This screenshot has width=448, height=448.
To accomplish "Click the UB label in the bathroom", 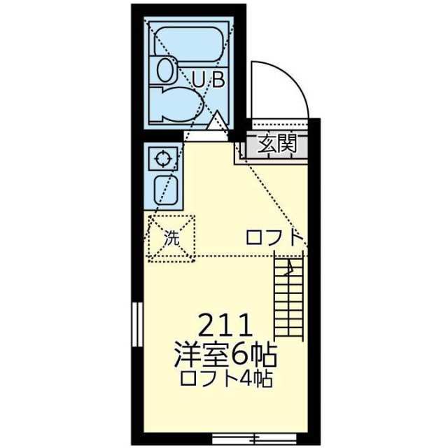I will tap(209, 79).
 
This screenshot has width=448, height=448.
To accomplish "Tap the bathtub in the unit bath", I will tap(188, 43).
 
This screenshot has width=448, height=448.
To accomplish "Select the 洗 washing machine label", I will tap(171, 238).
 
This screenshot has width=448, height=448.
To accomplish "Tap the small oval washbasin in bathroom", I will tap(165, 71).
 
